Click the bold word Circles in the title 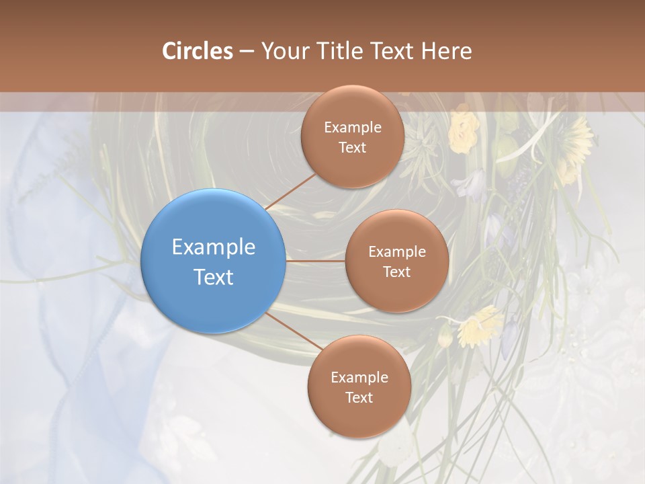pos(197,51)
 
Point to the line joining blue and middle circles pos(315,261)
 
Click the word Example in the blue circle pos(213,247)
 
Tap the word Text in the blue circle pos(213,277)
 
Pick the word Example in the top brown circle pos(352,128)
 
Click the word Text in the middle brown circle pos(396,272)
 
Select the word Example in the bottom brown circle pos(359,378)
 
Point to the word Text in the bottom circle pos(359,398)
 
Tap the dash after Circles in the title pos(246,52)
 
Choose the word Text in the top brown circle pos(352,148)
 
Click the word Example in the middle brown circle pos(396,252)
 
